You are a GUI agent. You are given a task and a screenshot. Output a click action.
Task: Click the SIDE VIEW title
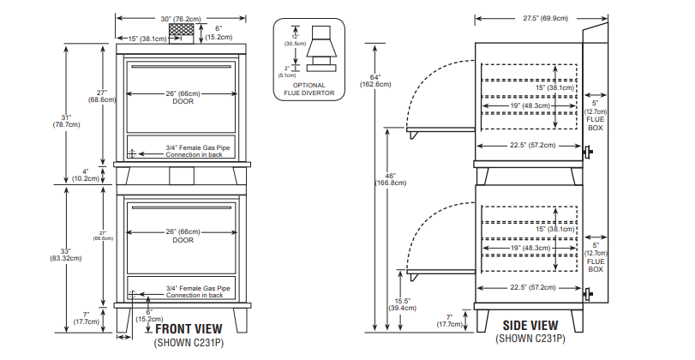(x=531, y=326)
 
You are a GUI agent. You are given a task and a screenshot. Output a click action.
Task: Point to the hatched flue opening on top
(x=182, y=31)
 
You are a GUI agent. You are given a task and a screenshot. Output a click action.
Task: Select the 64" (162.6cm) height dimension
(x=377, y=80)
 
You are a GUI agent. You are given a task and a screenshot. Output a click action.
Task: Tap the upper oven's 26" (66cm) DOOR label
(x=183, y=97)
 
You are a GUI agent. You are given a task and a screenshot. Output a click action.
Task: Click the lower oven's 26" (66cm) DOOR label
(x=183, y=236)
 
